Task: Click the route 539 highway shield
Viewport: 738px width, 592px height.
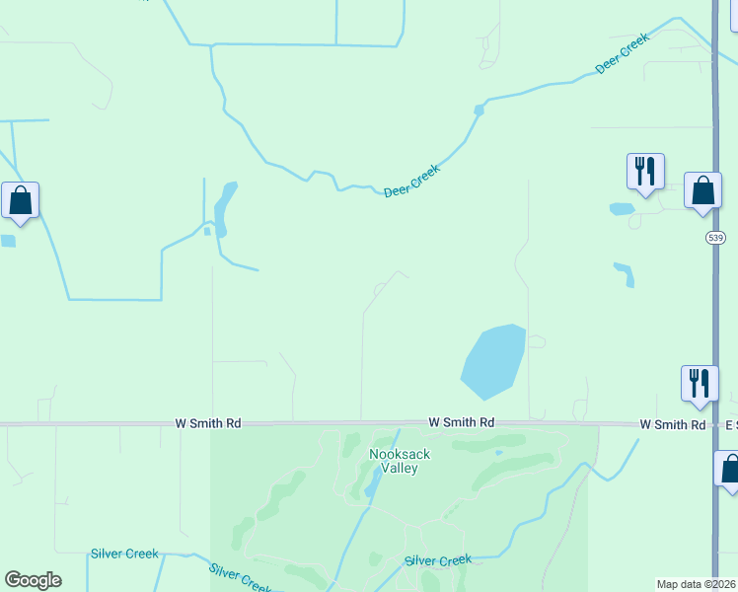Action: (715, 239)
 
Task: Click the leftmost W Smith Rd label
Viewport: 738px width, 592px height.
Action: (208, 423)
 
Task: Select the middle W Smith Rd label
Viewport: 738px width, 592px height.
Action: (462, 422)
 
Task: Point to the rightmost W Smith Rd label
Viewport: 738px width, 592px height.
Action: (672, 424)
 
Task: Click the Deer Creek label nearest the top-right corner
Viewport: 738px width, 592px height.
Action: (623, 53)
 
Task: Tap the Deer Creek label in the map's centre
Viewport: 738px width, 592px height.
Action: (411, 180)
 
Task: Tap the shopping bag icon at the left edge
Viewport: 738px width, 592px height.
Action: (20, 201)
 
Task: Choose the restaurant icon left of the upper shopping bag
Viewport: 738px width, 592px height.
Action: (645, 171)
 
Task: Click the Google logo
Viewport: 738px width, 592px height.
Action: (33, 580)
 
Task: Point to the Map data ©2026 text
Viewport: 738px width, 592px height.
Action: (697, 584)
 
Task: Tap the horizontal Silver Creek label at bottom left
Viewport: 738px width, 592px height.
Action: (124, 554)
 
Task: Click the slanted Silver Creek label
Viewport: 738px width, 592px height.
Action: (242, 577)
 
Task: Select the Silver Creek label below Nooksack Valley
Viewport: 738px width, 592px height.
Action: (438, 560)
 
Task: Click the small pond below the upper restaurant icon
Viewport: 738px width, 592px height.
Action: (622, 209)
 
